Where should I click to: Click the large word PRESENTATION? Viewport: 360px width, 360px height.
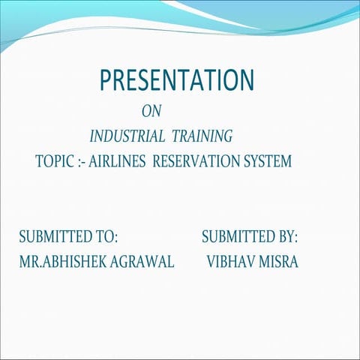(x=177, y=80)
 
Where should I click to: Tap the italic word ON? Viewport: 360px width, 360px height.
(x=151, y=112)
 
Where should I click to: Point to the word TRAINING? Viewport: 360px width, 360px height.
(x=202, y=136)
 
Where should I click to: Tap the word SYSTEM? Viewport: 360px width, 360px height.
(x=266, y=161)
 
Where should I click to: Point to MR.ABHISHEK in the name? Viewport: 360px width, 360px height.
(x=64, y=262)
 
